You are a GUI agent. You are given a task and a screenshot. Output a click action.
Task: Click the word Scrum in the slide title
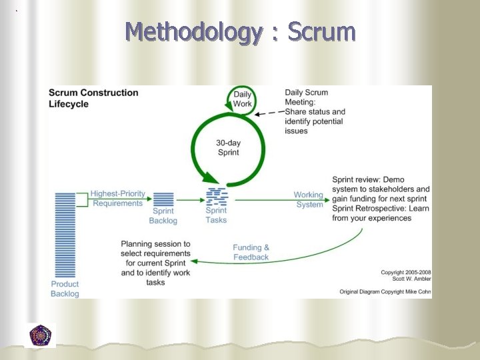pyautogui.click(x=322, y=31)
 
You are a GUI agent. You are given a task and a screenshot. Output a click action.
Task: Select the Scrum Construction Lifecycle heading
pyautogui.click(x=93, y=98)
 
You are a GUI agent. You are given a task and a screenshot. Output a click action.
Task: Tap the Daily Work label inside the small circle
pyautogui.click(x=243, y=99)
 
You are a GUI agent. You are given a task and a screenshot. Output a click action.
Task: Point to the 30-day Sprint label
pyautogui.click(x=228, y=147)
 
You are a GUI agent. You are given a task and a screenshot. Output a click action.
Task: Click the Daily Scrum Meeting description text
pyautogui.click(x=315, y=111)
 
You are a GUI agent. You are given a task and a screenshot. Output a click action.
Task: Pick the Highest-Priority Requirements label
pyautogui.click(x=117, y=198)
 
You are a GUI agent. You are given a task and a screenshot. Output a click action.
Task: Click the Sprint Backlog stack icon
pyautogui.click(x=163, y=199)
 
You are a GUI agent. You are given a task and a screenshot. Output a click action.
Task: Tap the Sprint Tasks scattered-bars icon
pyautogui.click(x=216, y=197)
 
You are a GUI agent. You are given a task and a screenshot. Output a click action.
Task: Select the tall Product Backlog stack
pyautogui.click(x=65, y=234)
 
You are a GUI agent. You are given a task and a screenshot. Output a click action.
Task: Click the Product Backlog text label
pyautogui.click(x=65, y=289)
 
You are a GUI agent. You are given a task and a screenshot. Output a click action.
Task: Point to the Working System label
pyautogui.click(x=309, y=200)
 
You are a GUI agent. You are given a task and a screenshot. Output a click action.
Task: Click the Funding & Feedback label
pyautogui.click(x=251, y=252)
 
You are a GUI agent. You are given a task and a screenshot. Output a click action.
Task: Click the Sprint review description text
pyautogui.click(x=381, y=199)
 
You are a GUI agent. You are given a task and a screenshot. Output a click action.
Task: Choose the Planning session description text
pyautogui.click(x=155, y=263)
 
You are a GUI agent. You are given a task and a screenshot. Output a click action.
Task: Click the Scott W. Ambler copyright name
pyautogui.click(x=405, y=279)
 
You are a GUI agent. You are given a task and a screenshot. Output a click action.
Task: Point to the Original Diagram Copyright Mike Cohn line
pyautogui.click(x=385, y=291)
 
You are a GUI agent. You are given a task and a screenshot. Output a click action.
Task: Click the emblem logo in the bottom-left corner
pyautogui.click(x=41, y=335)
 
